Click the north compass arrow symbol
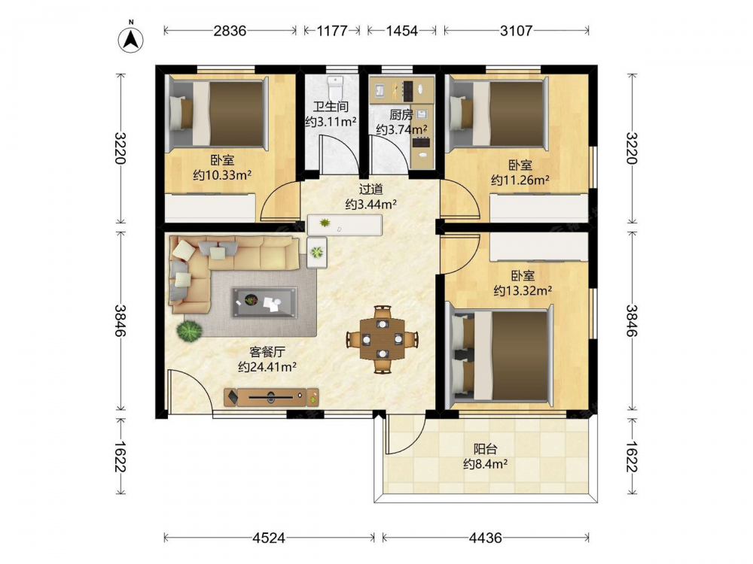(x=130, y=38)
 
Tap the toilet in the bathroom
(x=335, y=86)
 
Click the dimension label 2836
(x=230, y=31)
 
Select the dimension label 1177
(x=332, y=31)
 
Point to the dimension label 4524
(x=269, y=538)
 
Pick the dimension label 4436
(x=486, y=538)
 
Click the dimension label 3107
(x=517, y=31)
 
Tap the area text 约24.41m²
(x=267, y=367)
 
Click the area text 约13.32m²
(x=523, y=290)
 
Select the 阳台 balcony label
(x=486, y=449)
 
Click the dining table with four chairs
(x=383, y=339)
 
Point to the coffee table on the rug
(x=264, y=302)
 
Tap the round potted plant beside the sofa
(x=189, y=330)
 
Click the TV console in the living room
(x=271, y=396)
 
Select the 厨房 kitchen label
(x=401, y=114)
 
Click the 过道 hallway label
(x=370, y=189)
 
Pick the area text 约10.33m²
(x=222, y=175)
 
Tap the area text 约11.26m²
(x=520, y=180)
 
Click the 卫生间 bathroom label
(x=331, y=107)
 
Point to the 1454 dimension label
(x=402, y=31)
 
